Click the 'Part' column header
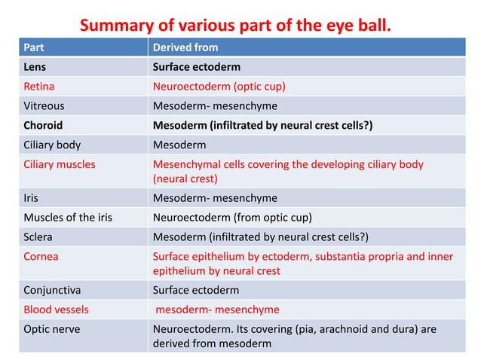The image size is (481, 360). point(33,47)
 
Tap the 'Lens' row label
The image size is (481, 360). point(35,66)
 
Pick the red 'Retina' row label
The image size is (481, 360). point(38,86)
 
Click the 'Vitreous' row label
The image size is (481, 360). point(44,105)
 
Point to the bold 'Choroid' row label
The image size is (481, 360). point(43,125)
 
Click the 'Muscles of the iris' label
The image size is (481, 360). point(67,218)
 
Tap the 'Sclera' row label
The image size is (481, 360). point(38,237)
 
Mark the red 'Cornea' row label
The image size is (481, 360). point(41,257)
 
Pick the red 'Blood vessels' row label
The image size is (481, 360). point(56,310)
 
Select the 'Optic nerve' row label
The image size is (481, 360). point(50,329)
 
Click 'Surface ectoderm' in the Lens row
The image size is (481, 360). point(198,66)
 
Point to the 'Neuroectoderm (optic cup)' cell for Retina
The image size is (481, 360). point(219,86)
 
